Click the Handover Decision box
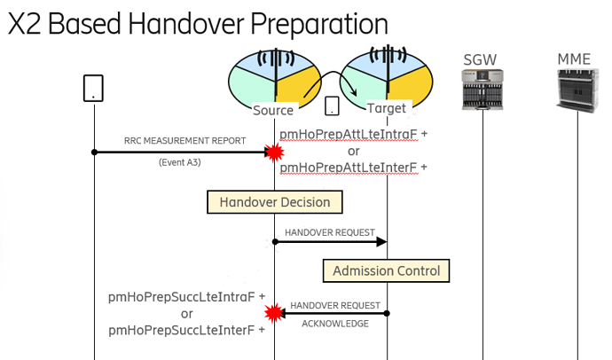[274, 202]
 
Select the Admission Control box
[386, 270]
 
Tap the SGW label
[481, 60]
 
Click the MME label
[573, 59]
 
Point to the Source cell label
[272, 110]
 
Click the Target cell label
[386, 108]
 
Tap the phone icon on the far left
[93, 87]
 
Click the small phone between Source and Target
[331, 106]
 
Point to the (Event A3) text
[183, 163]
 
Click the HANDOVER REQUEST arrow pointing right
[332, 241]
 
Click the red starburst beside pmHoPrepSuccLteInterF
[274, 312]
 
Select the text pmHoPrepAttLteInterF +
[353, 167]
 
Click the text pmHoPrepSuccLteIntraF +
[186, 298]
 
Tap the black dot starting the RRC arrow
[93, 153]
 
